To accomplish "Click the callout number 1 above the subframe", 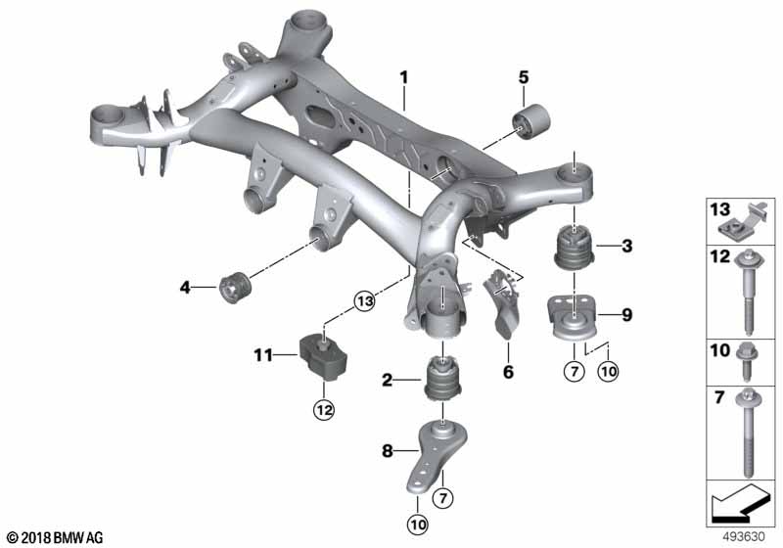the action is coord(403,77).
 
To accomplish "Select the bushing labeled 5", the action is coord(531,122).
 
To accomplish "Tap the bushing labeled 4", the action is coord(235,287).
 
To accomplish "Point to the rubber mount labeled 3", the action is coord(575,249).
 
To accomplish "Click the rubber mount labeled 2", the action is coord(443,378).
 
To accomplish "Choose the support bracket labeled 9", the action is coord(574,318).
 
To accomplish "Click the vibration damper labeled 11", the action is coord(323,358).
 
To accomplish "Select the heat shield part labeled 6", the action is coord(502,303).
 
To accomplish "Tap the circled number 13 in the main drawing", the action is coord(364,301).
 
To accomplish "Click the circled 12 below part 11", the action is coord(324,410).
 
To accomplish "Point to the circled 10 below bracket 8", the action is coord(418,525).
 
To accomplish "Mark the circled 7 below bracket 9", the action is coord(574,371).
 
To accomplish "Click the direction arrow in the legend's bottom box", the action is coord(740,502).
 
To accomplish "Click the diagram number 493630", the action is coord(745,537).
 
